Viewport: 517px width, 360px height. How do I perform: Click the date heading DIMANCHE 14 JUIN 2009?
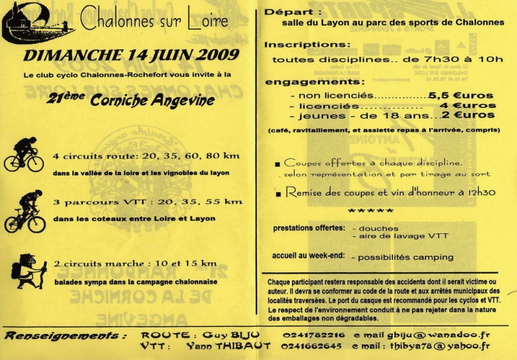pos(129,56)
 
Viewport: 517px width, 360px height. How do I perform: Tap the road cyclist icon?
pos(23,154)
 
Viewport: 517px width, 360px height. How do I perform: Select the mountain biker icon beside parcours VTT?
pos(25,212)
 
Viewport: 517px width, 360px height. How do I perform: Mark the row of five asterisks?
pos(370,211)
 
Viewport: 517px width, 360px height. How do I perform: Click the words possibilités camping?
pos(402,257)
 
